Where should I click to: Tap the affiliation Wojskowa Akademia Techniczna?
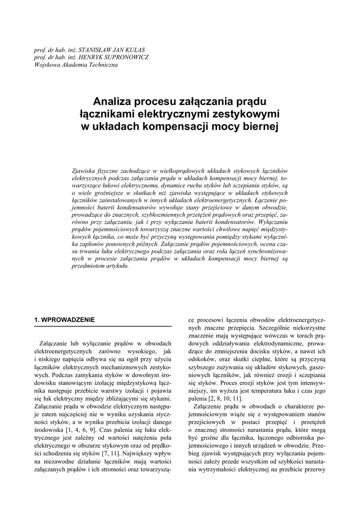click(x=76, y=65)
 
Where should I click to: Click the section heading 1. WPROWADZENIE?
click(x=64, y=319)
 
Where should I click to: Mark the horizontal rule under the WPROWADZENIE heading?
click(x=102, y=326)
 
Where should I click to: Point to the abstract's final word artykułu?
click(x=117, y=265)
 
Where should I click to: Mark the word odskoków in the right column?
click(x=198, y=359)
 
